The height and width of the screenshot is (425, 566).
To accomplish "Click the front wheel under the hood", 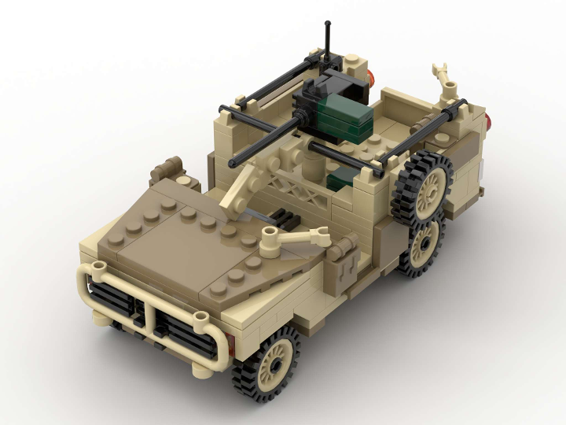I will pyautogui.click(x=267, y=364).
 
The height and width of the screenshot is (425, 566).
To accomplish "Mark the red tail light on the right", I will pyautogui.click(x=491, y=120).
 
